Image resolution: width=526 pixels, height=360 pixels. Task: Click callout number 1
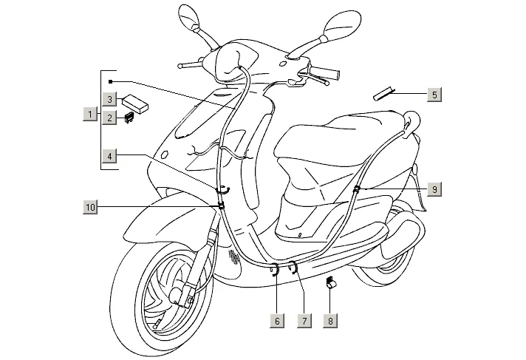pyautogui.click(x=90, y=115)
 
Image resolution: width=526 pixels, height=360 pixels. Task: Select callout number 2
pyautogui.click(x=109, y=117)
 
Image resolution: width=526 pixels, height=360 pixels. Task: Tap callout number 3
pyautogui.click(x=109, y=99)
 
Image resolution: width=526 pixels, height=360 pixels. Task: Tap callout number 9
pyautogui.click(x=434, y=190)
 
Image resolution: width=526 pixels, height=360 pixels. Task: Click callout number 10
pyautogui.click(x=90, y=208)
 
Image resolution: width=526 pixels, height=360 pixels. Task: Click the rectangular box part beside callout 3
pyautogui.click(x=135, y=101)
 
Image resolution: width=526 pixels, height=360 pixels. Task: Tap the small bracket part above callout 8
pyautogui.click(x=332, y=282)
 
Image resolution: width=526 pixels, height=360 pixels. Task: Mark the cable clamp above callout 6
pyautogui.click(x=276, y=269)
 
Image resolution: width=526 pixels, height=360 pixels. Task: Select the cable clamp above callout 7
pyautogui.click(x=293, y=265)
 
